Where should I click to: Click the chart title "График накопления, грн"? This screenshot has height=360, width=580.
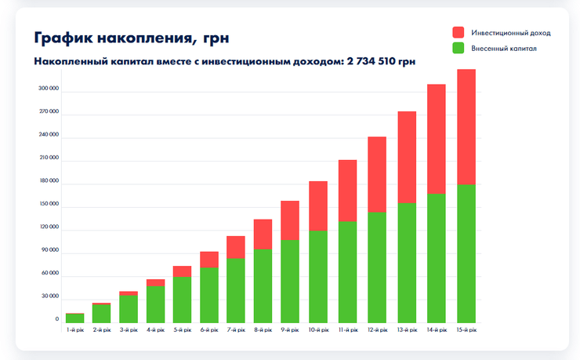(x=132, y=38)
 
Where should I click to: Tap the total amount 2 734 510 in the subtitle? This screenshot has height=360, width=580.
(x=380, y=60)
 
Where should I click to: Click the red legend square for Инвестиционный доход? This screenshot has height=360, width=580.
(x=459, y=33)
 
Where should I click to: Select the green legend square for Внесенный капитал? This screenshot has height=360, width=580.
(x=459, y=49)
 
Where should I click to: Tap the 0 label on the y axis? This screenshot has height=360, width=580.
(x=56, y=319)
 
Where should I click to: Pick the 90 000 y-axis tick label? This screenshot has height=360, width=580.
(x=50, y=250)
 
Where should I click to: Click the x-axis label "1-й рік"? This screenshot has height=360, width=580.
(x=75, y=330)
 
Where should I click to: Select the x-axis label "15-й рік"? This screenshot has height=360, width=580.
(x=466, y=330)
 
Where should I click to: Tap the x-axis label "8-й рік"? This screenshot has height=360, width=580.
(x=263, y=330)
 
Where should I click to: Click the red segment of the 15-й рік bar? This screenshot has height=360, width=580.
(x=466, y=126)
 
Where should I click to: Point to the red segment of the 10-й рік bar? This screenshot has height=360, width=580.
(x=318, y=205)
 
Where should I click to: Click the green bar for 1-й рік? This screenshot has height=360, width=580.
(x=75, y=318)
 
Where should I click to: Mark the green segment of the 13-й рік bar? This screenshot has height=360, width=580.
(x=407, y=263)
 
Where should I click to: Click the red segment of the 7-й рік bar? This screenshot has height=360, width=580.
(x=236, y=247)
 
